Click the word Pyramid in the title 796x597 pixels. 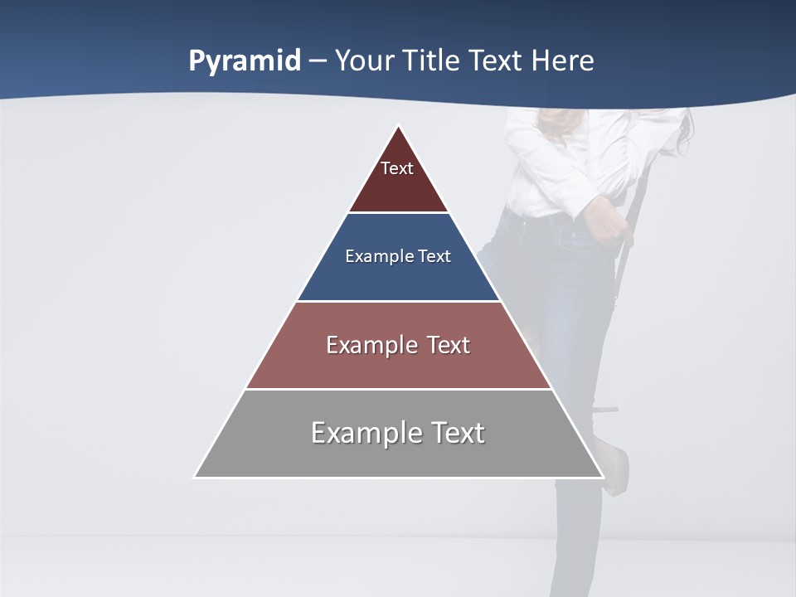coord(245,61)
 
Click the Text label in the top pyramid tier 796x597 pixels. coord(397,168)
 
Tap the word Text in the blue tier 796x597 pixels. coord(435,257)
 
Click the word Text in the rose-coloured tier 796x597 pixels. coord(449,345)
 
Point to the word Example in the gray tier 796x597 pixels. coord(366,433)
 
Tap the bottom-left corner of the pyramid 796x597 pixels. coord(195,477)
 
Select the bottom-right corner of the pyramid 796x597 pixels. coord(603,477)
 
